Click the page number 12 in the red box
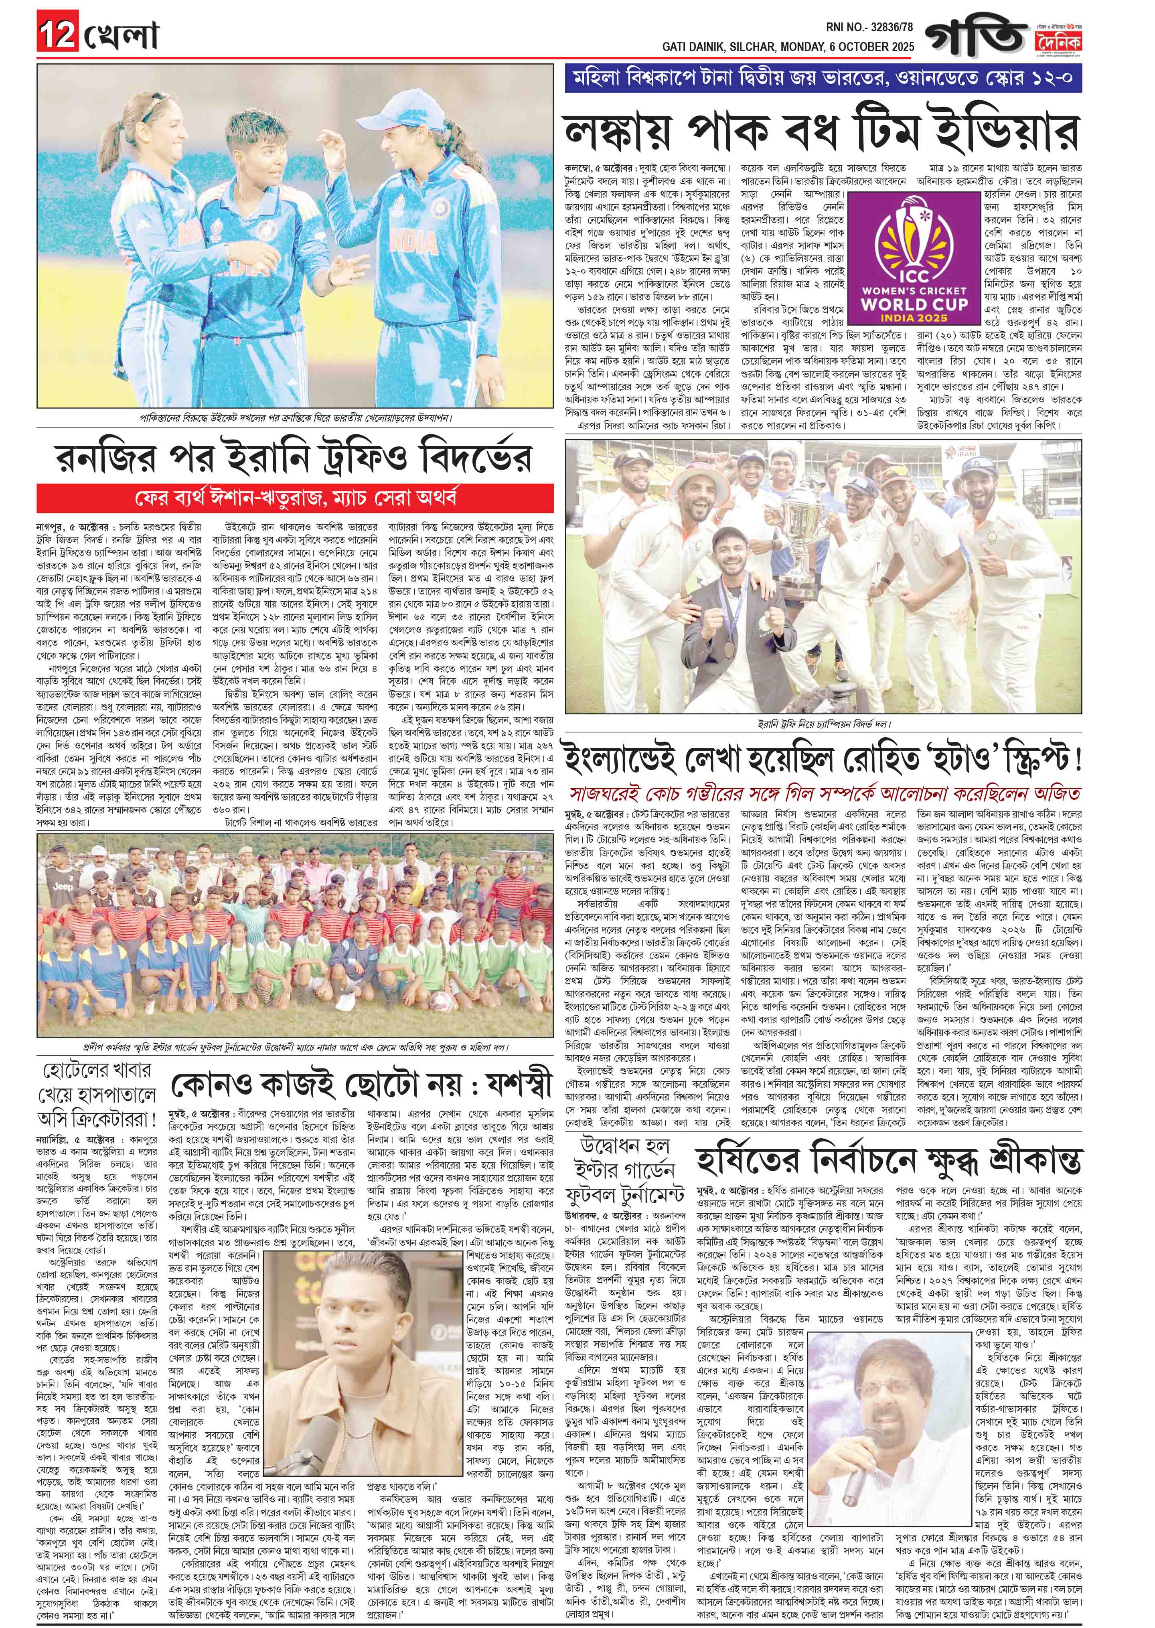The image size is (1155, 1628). (x=57, y=36)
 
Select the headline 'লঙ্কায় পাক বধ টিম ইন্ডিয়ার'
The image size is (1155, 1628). (x=821, y=131)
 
